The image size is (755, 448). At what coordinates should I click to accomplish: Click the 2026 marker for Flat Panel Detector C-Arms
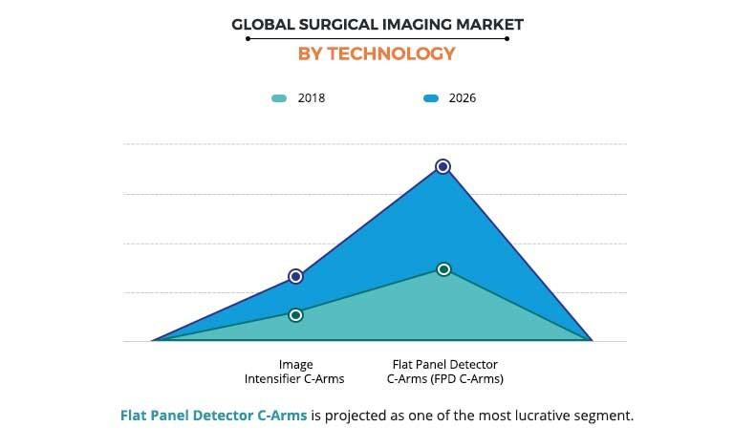(x=442, y=166)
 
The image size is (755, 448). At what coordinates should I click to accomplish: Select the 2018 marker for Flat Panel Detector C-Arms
(x=443, y=269)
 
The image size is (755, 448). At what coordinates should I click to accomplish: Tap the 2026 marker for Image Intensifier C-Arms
(x=296, y=276)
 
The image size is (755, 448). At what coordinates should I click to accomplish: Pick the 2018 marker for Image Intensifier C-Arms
(x=296, y=314)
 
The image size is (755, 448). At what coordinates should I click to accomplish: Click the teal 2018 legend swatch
(x=280, y=98)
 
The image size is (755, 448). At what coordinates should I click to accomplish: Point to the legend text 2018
(x=312, y=98)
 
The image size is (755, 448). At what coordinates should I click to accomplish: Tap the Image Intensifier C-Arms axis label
(x=296, y=372)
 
